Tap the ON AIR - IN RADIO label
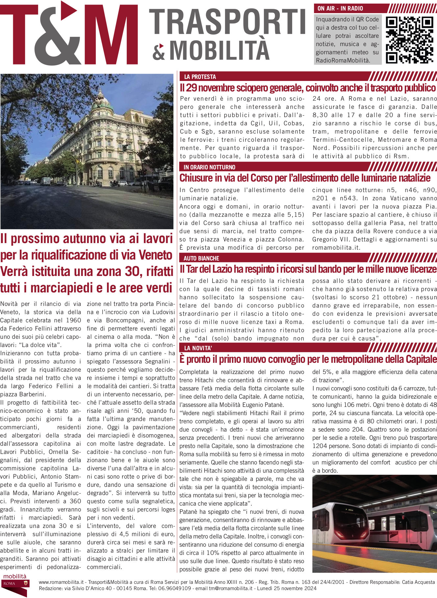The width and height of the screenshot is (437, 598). [340, 9]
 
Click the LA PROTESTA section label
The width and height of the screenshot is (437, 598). [200, 77]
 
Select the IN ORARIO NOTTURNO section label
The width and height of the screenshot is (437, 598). [210, 167]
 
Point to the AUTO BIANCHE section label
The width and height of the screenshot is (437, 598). [201, 258]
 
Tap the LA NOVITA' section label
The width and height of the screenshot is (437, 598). [198, 348]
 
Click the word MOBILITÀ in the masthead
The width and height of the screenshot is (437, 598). [219, 50]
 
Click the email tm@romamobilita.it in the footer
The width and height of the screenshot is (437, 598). [231, 588]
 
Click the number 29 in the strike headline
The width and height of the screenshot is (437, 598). [191, 88]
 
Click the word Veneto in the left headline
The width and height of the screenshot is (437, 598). [155, 255]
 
